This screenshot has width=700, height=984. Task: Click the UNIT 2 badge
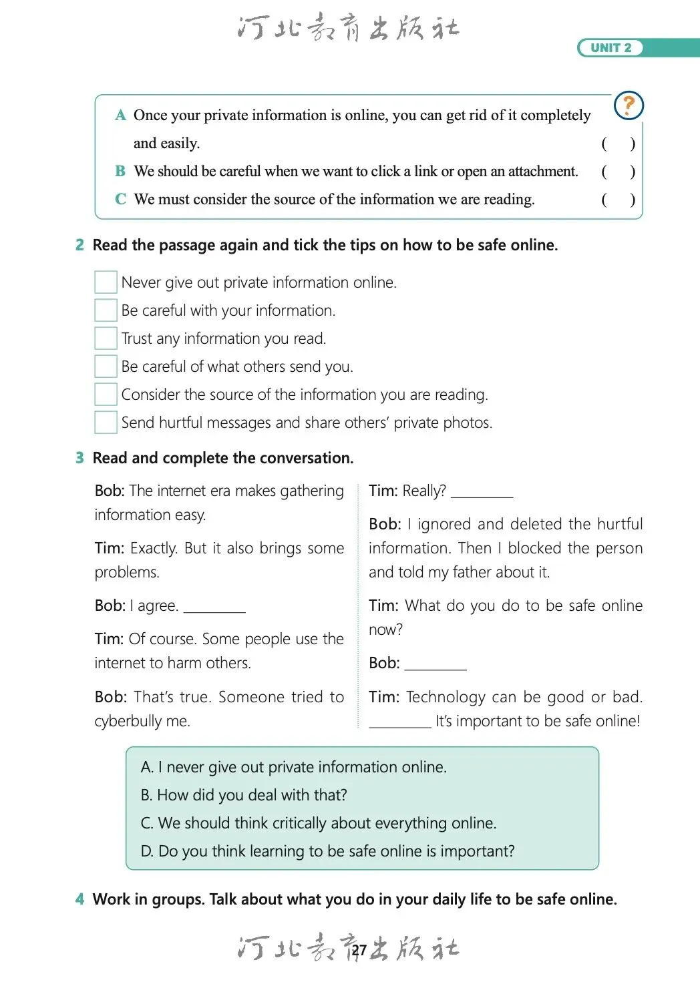click(x=610, y=48)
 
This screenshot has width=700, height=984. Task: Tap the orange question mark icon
click(x=628, y=105)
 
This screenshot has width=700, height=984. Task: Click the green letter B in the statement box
click(x=120, y=172)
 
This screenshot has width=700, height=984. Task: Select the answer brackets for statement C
click(x=618, y=200)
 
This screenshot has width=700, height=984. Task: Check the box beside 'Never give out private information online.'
click(x=106, y=282)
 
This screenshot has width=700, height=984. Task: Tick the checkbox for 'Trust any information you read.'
click(x=106, y=338)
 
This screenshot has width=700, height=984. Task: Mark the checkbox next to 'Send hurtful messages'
click(x=106, y=423)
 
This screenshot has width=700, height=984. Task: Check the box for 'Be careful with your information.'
click(x=106, y=310)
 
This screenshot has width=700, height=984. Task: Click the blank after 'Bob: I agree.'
click(x=214, y=606)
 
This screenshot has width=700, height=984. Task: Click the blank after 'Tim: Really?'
click(x=482, y=492)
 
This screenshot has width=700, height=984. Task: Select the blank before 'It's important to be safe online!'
click(x=399, y=722)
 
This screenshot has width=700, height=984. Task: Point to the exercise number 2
click(x=80, y=245)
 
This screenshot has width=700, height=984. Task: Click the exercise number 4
click(x=80, y=899)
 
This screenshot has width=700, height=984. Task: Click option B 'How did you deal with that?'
click(x=244, y=795)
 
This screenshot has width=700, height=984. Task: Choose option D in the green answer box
click(x=327, y=851)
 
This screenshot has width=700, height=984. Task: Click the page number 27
click(x=359, y=950)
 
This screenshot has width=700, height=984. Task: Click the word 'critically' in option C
click(x=320, y=823)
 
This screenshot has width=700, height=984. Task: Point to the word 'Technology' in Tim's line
click(x=446, y=697)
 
